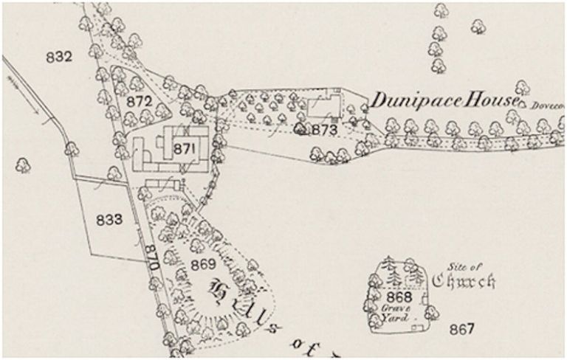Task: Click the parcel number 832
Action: [x=58, y=57]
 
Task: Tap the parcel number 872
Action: [x=140, y=101]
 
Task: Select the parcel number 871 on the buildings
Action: [x=183, y=149]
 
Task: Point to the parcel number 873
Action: [x=325, y=130]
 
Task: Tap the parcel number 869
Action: [x=203, y=263]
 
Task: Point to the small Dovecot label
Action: [x=543, y=105]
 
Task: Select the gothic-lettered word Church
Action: [x=463, y=280]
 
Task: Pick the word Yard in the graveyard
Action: [x=393, y=319]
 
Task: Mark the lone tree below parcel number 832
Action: [x=23, y=164]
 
